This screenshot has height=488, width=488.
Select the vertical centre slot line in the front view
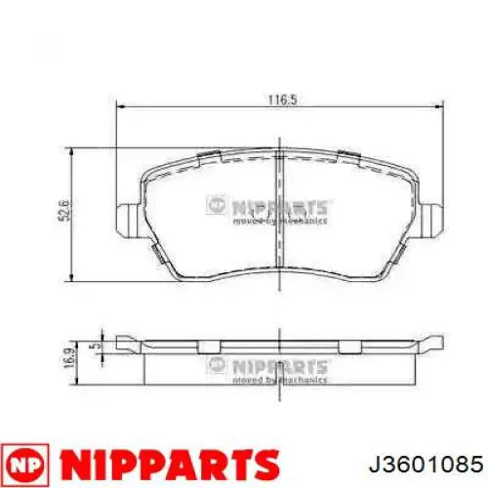coord(281,215)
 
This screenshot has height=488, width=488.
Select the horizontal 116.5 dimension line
coord(195,109)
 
